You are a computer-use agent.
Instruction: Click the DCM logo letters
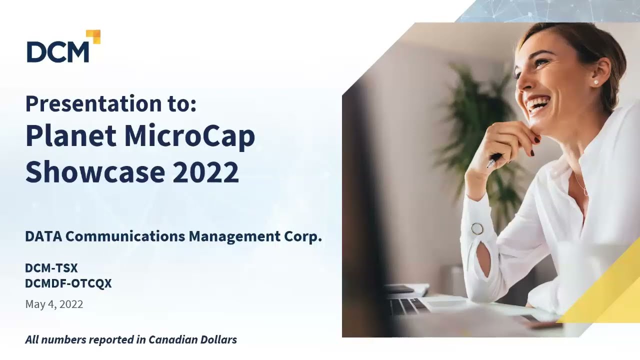click(57, 52)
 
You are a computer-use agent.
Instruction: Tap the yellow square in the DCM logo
click(94, 36)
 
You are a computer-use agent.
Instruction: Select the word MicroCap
click(189, 136)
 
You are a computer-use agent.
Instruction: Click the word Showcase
click(95, 171)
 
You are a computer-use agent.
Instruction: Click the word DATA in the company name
click(43, 236)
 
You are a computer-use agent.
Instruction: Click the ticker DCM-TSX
click(51, 268)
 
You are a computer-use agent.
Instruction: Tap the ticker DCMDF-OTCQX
click(68, 283)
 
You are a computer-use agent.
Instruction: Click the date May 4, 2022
click(54, 304)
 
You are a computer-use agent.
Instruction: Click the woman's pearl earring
click(595, 82)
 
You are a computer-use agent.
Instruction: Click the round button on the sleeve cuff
click(477, 228)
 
